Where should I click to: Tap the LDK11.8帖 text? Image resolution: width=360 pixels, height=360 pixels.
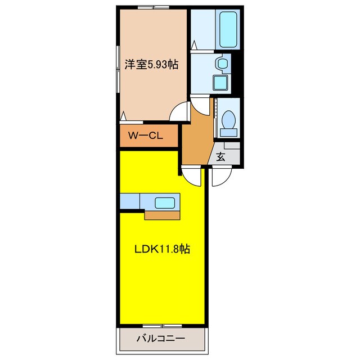161,249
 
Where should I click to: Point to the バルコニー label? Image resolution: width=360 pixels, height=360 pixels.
160,339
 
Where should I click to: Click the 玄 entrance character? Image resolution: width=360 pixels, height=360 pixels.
220,157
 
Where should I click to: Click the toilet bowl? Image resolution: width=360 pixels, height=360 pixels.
228,119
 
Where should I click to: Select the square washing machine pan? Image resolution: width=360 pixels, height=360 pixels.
220,82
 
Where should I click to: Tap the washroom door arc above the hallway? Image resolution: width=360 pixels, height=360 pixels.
200,105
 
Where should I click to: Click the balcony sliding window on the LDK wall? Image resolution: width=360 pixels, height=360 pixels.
160,326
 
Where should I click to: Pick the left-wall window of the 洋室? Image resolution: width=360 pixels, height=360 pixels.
118,62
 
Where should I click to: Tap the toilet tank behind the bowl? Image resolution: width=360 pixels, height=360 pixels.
228,132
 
